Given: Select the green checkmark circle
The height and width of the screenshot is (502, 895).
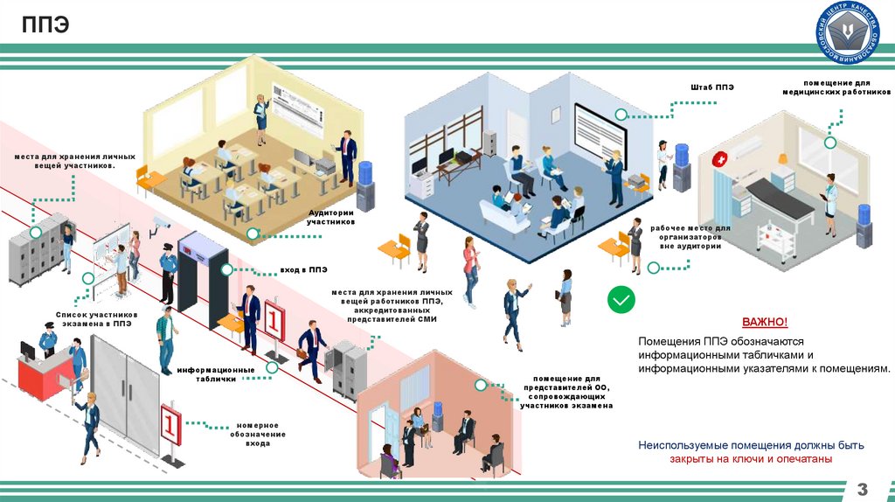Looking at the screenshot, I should (621, 301).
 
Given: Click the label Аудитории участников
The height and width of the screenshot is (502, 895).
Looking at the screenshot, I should (330, 217).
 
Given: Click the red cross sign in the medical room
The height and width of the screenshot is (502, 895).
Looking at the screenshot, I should (719, 160).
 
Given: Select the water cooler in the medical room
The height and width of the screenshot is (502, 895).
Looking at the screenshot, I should (864, 226).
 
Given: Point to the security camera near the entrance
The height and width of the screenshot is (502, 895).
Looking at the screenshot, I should (162, 221).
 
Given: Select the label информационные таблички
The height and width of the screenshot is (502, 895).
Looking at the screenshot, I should (216, 374).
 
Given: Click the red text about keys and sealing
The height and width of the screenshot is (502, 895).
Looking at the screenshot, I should (750, 458).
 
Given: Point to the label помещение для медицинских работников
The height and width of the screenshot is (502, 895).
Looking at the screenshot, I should (836, 87).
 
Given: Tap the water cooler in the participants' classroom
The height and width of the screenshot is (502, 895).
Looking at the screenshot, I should (364, 182).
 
